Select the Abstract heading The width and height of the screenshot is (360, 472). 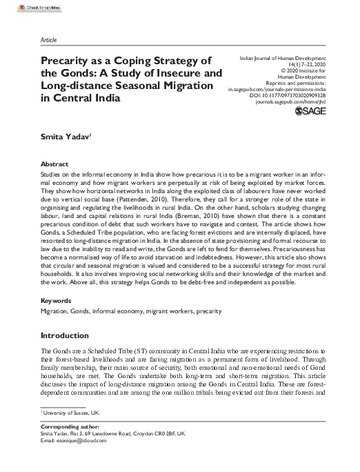(54, 165)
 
